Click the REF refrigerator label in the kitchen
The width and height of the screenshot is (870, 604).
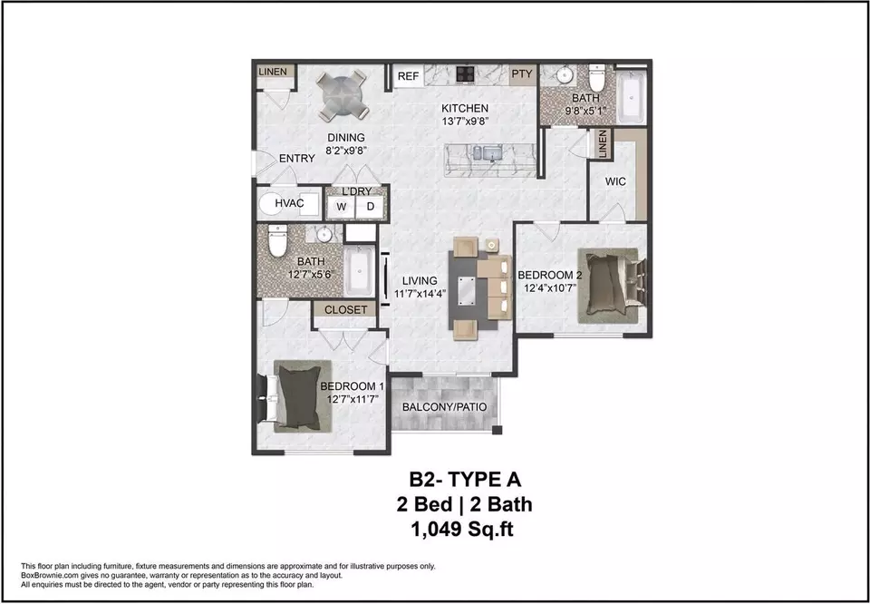(x=408, y=76)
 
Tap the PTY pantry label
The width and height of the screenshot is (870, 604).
(x=522, y=73)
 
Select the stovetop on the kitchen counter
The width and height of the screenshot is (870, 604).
(x=464, y=73)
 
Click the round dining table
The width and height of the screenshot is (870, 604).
(x=343, y=94)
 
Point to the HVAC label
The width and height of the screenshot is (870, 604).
(x=289, y=203)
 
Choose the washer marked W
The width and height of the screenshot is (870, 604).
(x=342, y=207)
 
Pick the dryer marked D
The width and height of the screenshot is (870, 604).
(x=370, y=207)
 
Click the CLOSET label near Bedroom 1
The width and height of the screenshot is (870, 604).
(x=345, y=310)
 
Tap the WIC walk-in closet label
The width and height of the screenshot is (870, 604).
(x=615, y=181)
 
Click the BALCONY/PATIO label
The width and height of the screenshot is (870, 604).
(x=444, y=407)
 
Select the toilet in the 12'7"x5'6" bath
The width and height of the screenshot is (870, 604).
(x=277, y=240)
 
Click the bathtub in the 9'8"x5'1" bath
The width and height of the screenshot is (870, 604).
(x=631, y=97)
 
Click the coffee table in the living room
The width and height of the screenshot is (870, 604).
(x=466, y=290)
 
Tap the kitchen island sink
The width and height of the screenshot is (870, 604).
(x=489, y=152)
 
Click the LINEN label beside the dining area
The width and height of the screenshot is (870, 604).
(x=273, y=72)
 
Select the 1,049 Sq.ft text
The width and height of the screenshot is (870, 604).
(x=461, y=530)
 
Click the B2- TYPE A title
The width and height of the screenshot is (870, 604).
(x=465, y=479)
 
